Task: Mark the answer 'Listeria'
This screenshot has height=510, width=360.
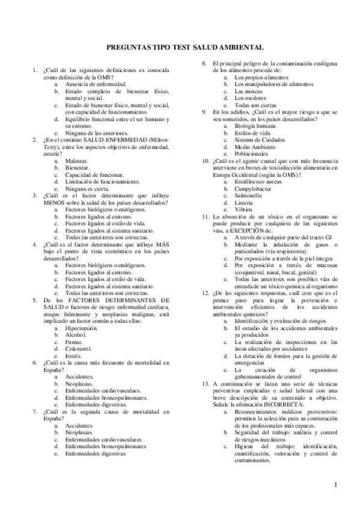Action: coord(245,202)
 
